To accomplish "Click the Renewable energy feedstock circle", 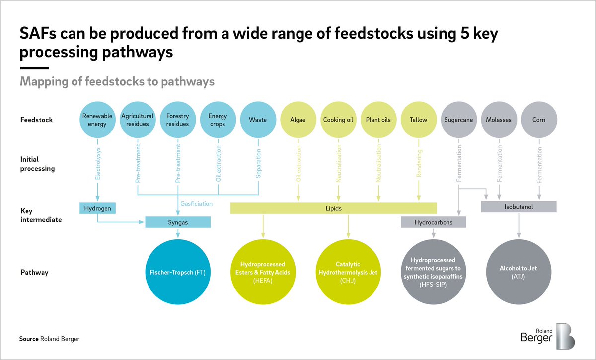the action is click(97, 120).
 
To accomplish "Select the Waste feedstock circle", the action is click(258, 120).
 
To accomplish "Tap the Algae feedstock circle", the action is click(298, 120).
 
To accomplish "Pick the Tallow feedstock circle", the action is click(419, 120).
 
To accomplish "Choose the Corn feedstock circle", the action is click(539, 120).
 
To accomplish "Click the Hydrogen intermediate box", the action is click(97, 208).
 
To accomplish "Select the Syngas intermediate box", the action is click(178, 222).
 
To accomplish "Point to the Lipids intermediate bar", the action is click(333, 208).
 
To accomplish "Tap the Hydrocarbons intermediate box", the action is click(434, 222).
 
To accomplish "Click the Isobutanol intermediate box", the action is click(519, 207).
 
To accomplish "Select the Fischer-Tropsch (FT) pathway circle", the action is click(178, 272).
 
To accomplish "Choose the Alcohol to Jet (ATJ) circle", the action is click(519, 272).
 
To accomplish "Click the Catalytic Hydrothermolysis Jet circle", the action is click(348, 272).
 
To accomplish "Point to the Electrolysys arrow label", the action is click(98, 164).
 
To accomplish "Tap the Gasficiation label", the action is click(196, 204).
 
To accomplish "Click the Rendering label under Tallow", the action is click(419, 163).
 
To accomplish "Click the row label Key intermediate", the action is click(41, 215).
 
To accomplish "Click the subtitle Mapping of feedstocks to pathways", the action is click(117, 81).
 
